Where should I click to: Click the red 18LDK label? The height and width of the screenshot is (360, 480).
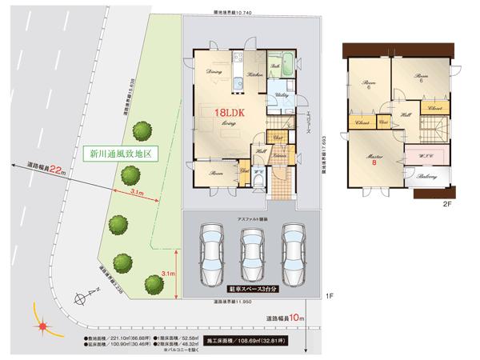(228, 114)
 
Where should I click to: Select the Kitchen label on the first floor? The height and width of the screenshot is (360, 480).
(255, 74)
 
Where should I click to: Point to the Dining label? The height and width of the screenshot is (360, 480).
(214, 72)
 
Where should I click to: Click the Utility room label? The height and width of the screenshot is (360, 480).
(282, 94)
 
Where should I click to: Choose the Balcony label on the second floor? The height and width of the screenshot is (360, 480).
(426, 177)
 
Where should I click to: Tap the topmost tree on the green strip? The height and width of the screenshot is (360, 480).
(142, 130)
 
